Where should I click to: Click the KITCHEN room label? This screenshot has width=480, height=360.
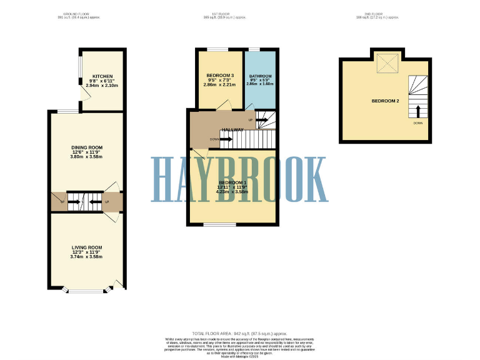pyautogui.click(x=102, y=76)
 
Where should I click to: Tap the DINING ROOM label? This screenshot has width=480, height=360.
pyautogui.click(x=86, y=147)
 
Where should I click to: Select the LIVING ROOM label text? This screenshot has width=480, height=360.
pyautogui.click(x=86, y=247)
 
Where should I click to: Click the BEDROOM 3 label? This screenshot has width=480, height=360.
pyautogui.click(x=220, y=76)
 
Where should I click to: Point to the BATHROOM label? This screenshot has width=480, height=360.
pyautogui.click(x=260, y=76)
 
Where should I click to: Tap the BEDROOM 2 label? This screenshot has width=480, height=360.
pyautogui.click(x=385, y=101)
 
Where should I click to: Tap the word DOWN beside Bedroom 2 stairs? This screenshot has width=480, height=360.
pyautogui.click(x=417, y=123)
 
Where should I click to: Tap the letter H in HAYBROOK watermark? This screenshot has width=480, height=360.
pyautogui.click(x=164, y=179)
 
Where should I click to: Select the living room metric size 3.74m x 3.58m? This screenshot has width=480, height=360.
pyautogui.click(x=86, y=257)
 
